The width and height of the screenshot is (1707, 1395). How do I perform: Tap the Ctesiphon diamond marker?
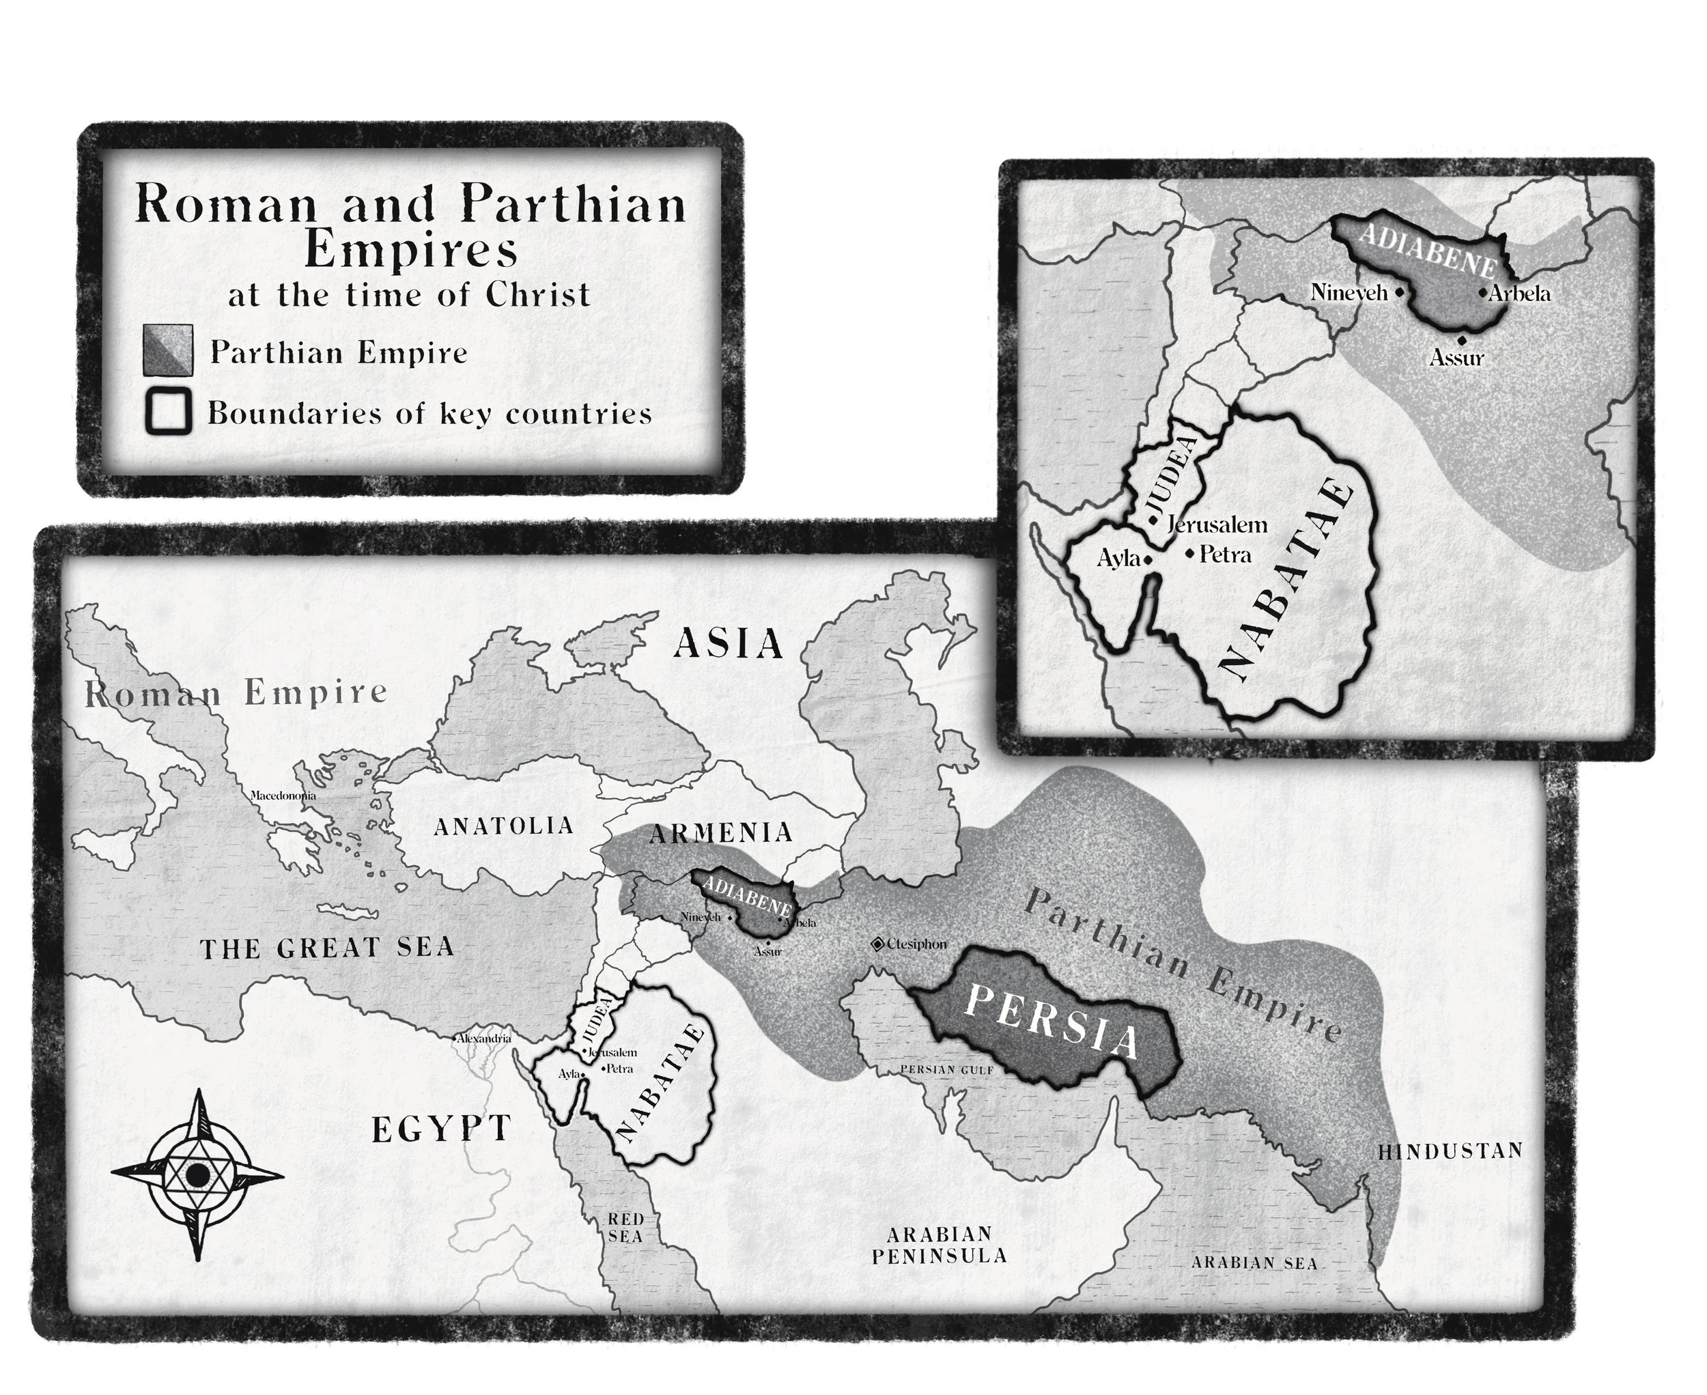[x=877, y=944]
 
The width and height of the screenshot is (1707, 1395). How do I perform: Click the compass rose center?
[x=196, y=1175]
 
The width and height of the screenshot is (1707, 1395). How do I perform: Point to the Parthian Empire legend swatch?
[x=168, y=350]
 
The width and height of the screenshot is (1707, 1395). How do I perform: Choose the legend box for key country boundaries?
[x=168, y=412]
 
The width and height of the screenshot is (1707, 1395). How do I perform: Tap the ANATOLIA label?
[x=504, y=826]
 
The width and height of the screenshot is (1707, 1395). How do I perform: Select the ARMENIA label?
[x=720, y=833]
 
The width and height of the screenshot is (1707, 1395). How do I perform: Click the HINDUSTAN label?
[x=1450, y=1151]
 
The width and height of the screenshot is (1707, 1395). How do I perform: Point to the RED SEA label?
[x=625, y=1228]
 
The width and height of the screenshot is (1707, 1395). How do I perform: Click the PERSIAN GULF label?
[x=947, y=1071]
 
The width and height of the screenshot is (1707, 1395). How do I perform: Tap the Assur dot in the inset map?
[x=1461, y=341]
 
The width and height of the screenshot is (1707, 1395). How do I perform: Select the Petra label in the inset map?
[x=1225, y=554]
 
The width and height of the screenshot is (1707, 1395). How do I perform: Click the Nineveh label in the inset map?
[x=1349, y=292]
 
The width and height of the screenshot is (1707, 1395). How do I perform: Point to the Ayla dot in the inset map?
[x=1148, y=559]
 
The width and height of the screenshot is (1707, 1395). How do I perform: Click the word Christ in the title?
[x=537, y=294]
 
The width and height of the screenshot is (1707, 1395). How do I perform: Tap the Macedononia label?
[x=283, y=795]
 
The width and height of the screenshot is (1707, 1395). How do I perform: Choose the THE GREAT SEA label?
[x=327, y=948]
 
